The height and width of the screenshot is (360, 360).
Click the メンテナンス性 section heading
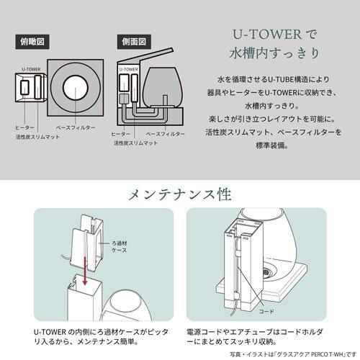tap(179, 195)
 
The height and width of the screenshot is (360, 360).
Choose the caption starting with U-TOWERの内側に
tap(89, 332)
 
